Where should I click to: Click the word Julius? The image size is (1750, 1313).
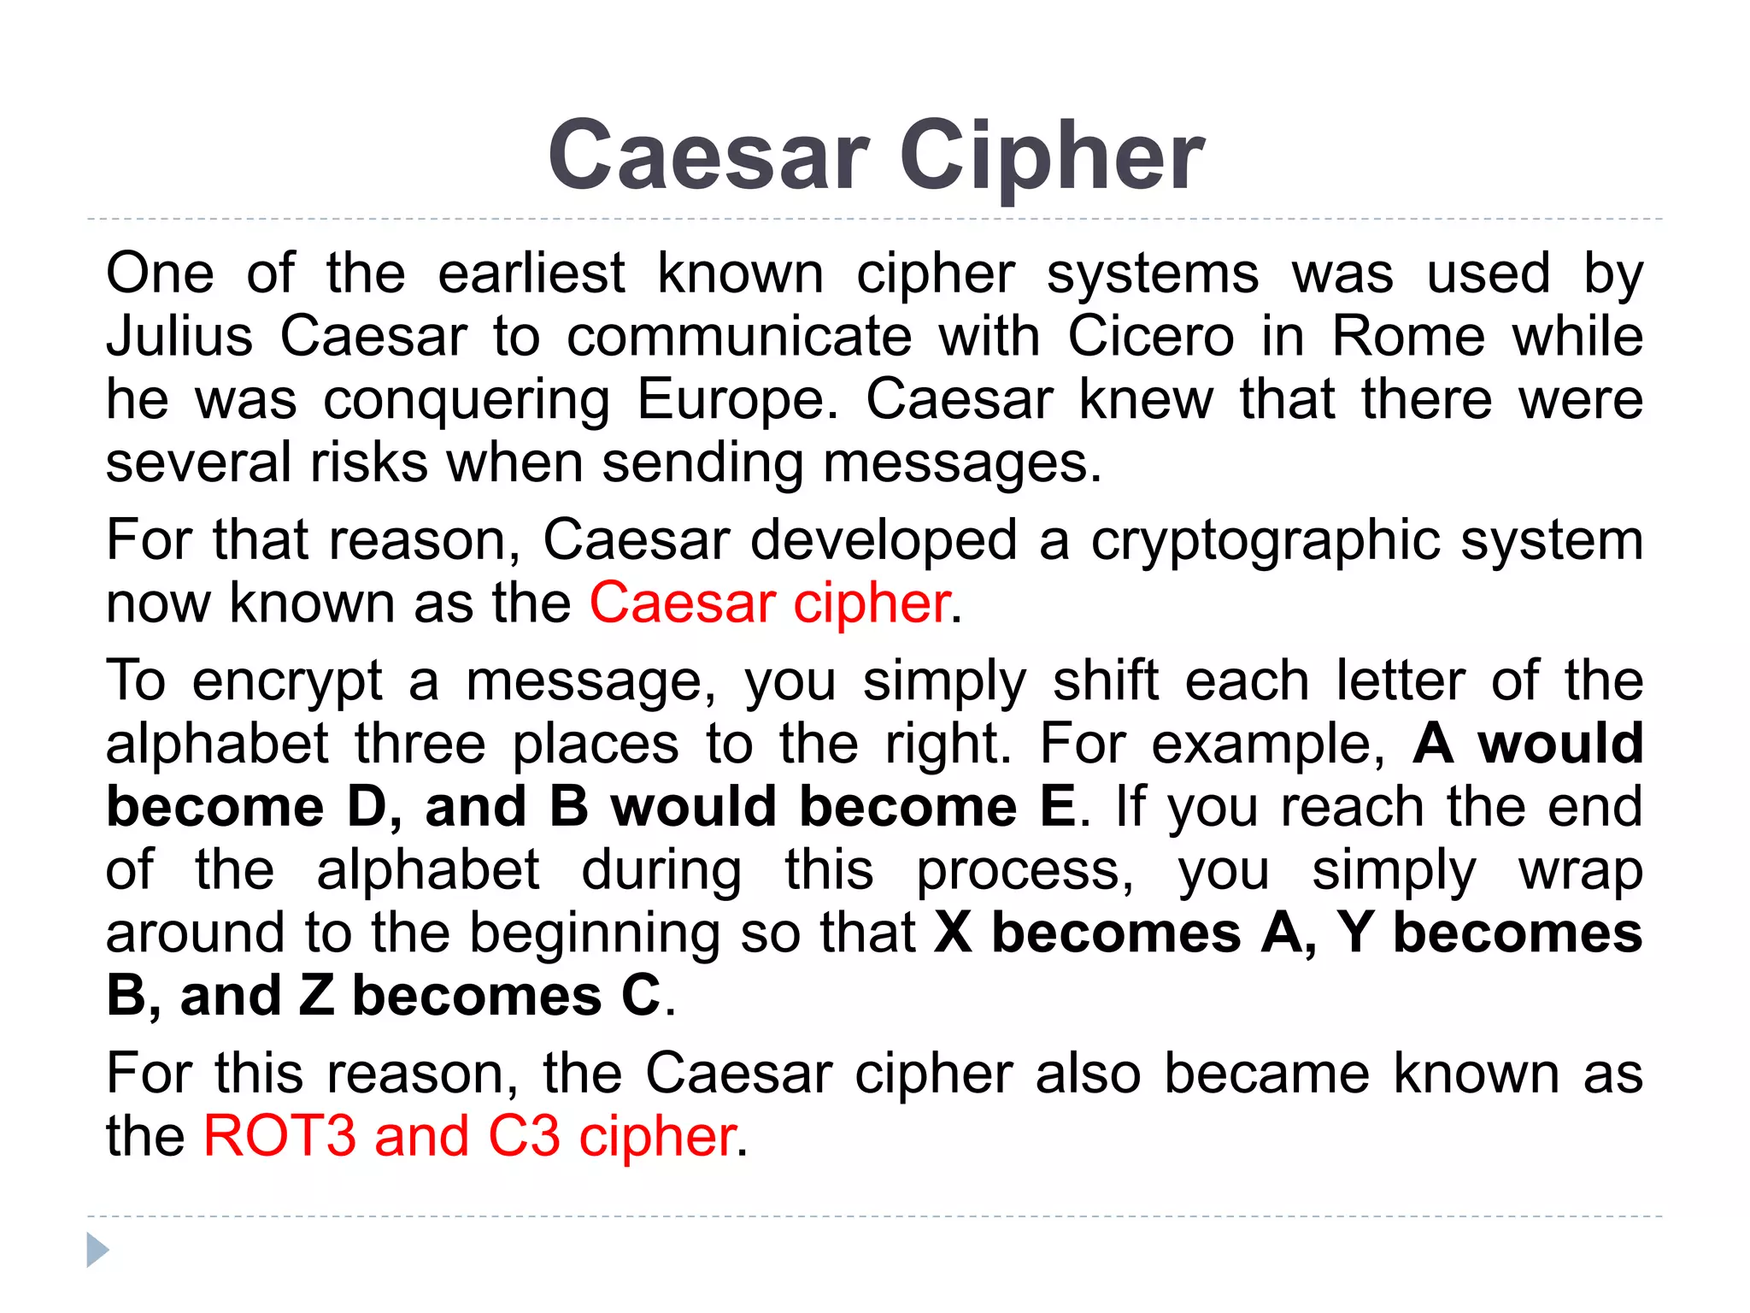179,336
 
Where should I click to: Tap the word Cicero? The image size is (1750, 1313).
1151,336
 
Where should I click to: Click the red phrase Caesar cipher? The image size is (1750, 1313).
769,604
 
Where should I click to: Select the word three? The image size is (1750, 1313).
420,744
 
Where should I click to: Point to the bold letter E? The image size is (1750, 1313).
1058,807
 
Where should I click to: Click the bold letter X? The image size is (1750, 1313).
954,933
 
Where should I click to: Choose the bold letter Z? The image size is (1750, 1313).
316,996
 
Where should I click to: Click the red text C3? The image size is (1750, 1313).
524,1137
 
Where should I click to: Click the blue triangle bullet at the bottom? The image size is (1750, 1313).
97,1251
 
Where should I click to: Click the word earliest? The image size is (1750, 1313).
531,274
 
